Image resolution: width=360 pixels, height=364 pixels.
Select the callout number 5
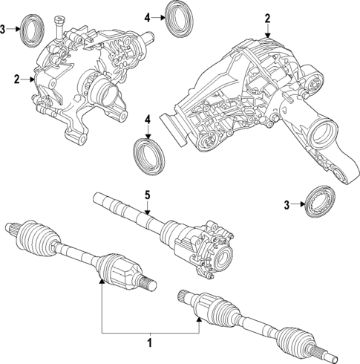[147, 195]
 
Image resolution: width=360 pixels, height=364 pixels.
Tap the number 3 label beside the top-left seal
[4, 29]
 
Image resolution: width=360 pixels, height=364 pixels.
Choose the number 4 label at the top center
[148, 16]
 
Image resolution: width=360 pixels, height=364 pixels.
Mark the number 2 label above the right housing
[268, 17]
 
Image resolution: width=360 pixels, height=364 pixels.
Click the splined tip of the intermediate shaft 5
[100, 198]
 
